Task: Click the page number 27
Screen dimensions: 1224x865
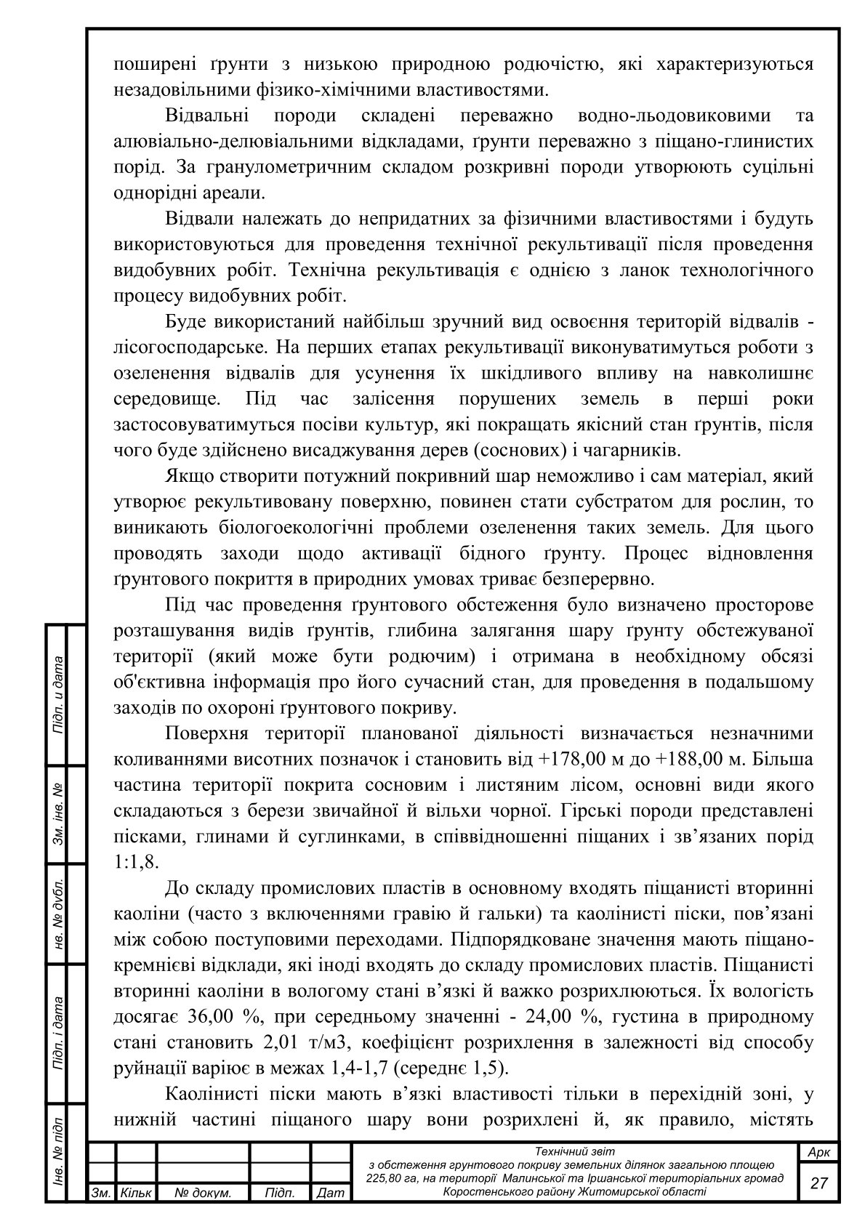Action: [818, 1182]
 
